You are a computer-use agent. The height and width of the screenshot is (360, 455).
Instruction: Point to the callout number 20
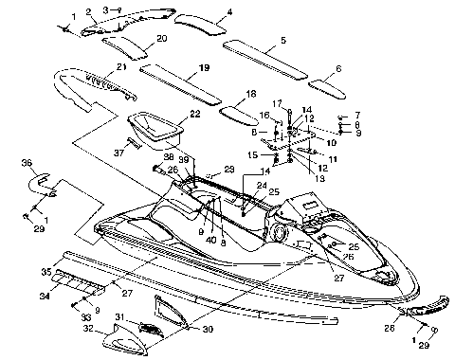[x=161, y=38]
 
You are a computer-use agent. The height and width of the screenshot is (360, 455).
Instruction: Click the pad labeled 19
[x=180, y=85]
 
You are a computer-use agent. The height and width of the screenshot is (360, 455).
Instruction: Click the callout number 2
[x=87, y=12]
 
